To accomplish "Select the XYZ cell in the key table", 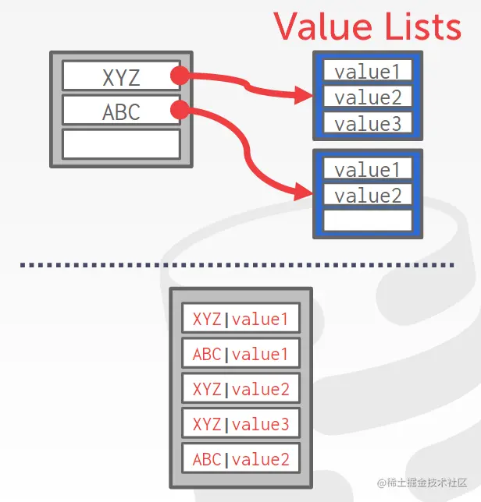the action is pos(121,76).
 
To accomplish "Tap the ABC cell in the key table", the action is pos(121,111).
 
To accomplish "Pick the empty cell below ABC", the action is pos(121,144).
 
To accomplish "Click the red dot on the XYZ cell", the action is pos(180,76).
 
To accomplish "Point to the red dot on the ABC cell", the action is pos(180,111).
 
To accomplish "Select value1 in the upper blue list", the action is pos(367,72).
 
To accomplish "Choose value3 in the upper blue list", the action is pos(367,123).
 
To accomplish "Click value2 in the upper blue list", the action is pos(367,97).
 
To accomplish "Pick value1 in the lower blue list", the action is pos(367,170).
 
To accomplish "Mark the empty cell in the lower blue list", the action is pos(367,220).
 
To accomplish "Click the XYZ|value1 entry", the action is pos(241,319).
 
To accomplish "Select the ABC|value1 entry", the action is pos(241,354).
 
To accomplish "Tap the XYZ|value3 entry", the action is pos(241,424).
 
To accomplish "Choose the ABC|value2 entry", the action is pos(241,459).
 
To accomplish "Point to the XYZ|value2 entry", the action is pos(241,389).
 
